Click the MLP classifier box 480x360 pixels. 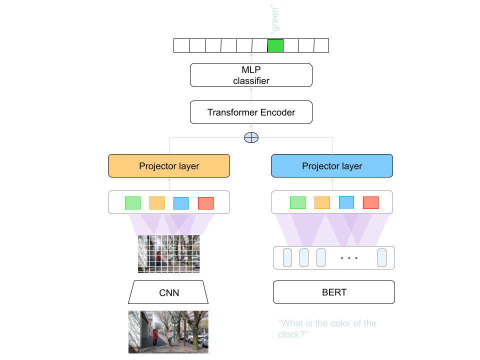(x=251, y=75)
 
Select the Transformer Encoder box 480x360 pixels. (x=251, y=112)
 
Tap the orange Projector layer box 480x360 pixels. (x=169, y=166)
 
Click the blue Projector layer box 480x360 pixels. (x=332, y=166)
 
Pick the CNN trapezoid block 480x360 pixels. (x=168, y=292)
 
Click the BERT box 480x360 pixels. (x=334, y=292)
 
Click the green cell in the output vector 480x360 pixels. (x=275, y=45)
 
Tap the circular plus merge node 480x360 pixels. (x=251, y=137)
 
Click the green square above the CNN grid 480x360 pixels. (x=132, y=203)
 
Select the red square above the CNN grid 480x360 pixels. (x=205, y=203)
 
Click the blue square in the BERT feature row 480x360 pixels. (x=346, y=202)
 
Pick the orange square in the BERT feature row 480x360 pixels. (x=322, y=202)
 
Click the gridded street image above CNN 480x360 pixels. (x=168, y=254)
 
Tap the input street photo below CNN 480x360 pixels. (x=168, y=331)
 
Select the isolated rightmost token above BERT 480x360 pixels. (x=382, y=257)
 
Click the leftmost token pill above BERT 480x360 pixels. (x=287, y=257)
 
